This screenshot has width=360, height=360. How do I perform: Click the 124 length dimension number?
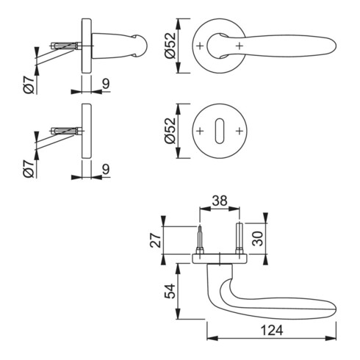click(272, 330)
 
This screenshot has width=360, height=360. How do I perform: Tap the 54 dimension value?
click(170, 291)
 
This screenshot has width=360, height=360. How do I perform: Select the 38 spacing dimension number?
click(220, 201)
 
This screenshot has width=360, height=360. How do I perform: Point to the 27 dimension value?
click(156, 240)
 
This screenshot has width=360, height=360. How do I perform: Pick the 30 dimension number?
click(257, 239)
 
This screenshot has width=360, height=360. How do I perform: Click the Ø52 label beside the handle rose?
click(170, 46)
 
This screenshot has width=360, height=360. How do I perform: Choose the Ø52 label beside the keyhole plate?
click(170, 131)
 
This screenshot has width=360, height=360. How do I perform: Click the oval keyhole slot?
click(220, 131)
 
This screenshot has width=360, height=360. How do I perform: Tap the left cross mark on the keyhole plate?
click(200, 131)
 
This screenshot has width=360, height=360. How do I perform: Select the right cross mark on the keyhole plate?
click(240, 131)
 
